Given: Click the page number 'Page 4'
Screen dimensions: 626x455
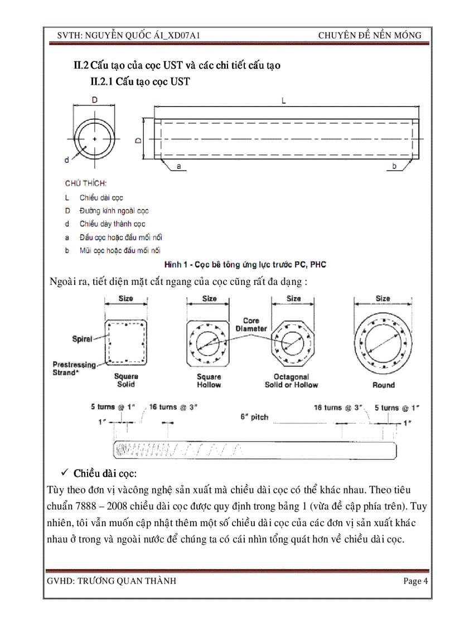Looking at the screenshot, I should point(415,581).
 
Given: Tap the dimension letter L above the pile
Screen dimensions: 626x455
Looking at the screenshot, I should point(284,101).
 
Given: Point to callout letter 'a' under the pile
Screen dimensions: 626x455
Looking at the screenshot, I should point(178,166).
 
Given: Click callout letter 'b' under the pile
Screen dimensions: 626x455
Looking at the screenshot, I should point(394,166).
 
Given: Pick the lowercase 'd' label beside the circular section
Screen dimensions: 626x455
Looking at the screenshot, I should point(67,160).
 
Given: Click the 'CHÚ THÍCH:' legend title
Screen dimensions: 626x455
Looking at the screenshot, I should point(86,183).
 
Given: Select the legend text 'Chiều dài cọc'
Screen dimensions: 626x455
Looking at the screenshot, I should point(101,197).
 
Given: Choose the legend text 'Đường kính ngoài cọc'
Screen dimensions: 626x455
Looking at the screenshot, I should point(114,211).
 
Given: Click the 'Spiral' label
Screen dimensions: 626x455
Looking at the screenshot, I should point(82,338).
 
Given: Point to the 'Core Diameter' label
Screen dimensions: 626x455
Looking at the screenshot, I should point(251,325).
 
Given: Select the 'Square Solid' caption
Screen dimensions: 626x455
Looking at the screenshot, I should point(126,380).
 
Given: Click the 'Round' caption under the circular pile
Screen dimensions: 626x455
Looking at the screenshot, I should point(383,385).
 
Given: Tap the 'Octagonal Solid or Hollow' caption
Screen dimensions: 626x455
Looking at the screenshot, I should point(291,381).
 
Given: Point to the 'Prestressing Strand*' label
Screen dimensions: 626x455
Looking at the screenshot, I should point(74,368).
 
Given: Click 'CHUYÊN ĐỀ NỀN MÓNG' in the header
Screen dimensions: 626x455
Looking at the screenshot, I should point(370,36).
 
